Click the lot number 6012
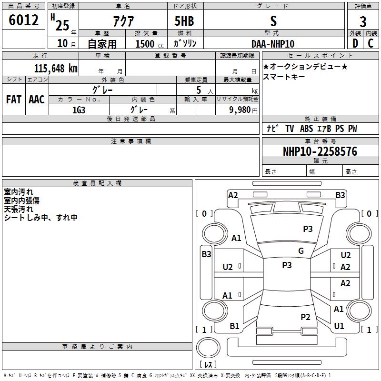coord(23,20)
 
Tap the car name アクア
coord(123,21)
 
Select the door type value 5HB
coord(184,21)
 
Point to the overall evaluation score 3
coord(363,22)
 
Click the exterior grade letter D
coord(355,43)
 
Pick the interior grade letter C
coord(371,43)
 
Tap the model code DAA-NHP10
coord(272,44)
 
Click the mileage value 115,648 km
coord(56,68)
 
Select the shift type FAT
coord(13,100)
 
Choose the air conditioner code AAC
coord(37,100)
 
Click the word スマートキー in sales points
coord(283,76)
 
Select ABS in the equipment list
coord(307,129)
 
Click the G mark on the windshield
coord(301,251)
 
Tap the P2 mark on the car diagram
coord(305,317)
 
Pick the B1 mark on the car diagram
coord(234,326)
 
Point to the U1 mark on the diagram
coord(339,326)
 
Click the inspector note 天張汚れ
coord(19,209)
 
